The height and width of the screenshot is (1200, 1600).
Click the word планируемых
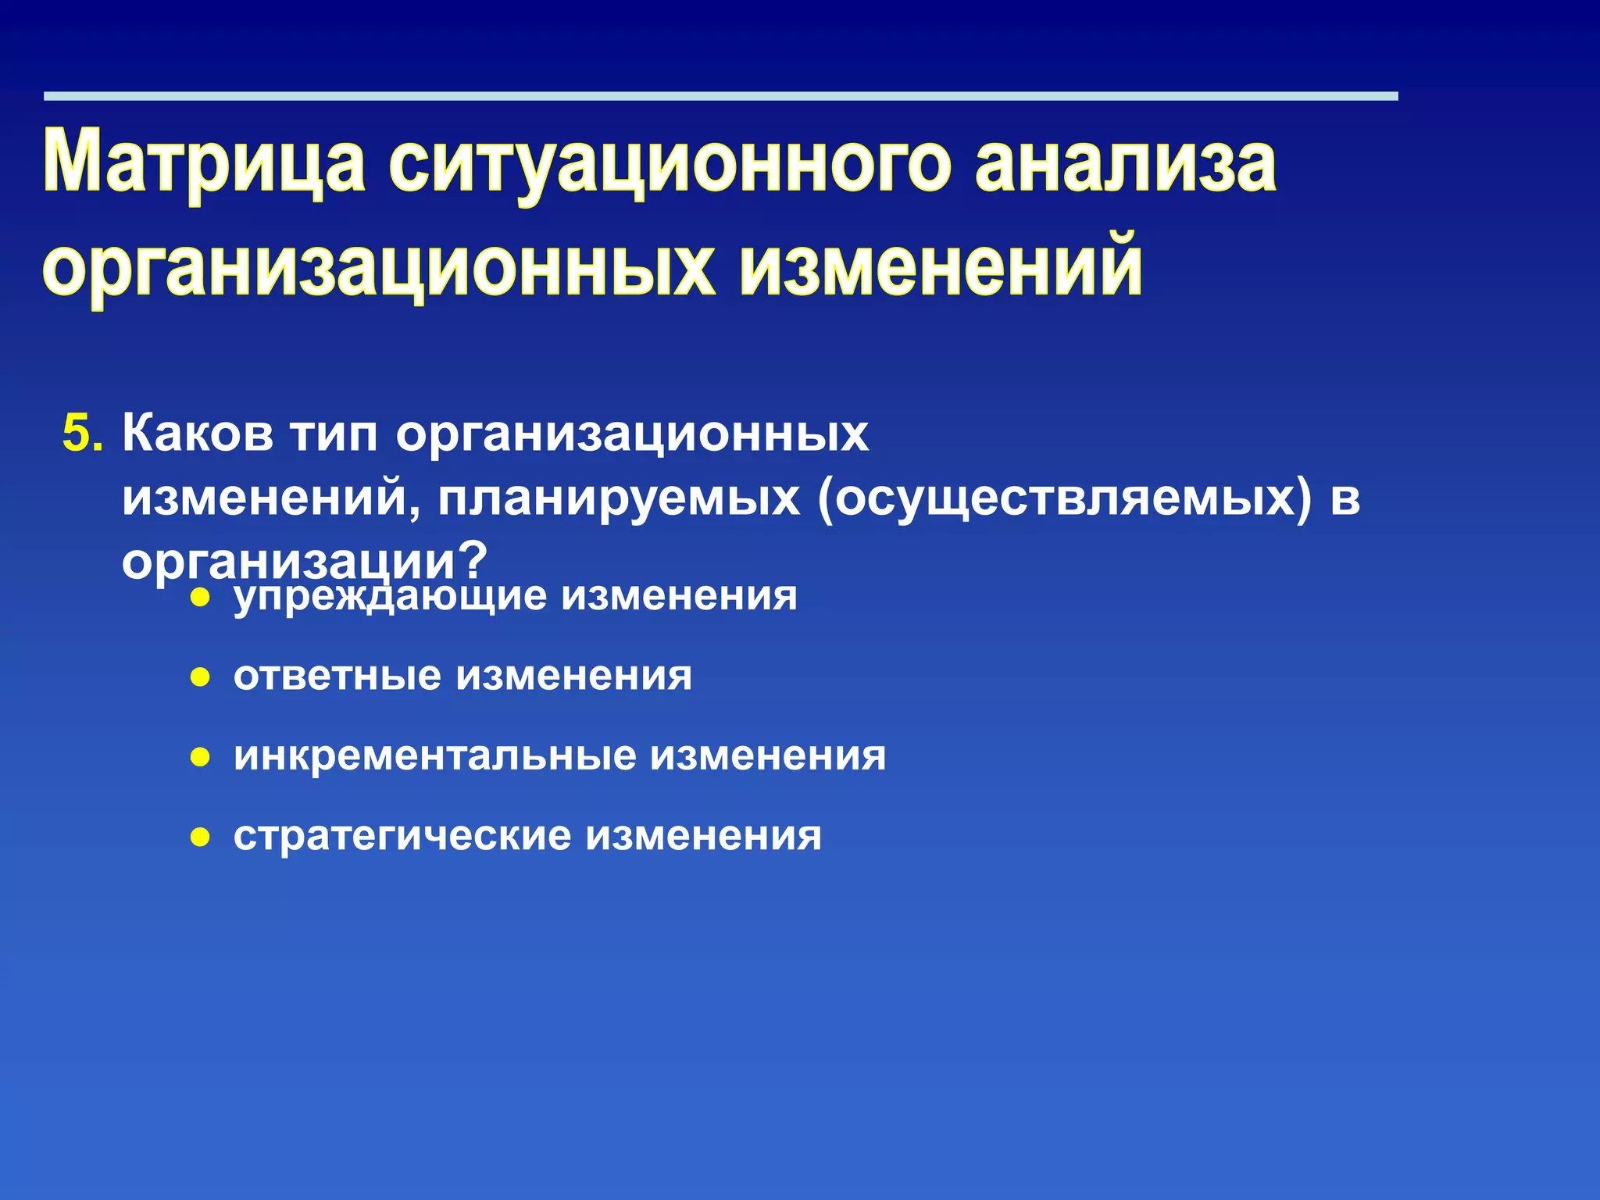tap(619, 498)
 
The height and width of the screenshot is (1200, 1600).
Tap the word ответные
tap(337, 676)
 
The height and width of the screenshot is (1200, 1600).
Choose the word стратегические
tap(402, 837)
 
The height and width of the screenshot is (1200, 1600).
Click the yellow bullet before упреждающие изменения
tap(201, 598)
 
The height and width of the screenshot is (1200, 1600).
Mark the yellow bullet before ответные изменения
tap(201, 677)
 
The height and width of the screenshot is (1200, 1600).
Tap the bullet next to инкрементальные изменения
tap(201, 757)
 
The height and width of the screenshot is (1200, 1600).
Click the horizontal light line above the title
tap(720, 96)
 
